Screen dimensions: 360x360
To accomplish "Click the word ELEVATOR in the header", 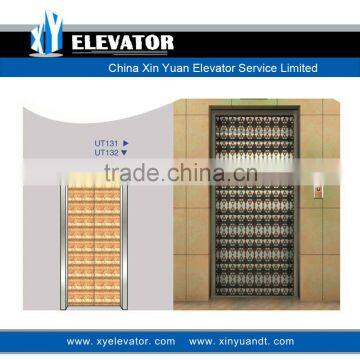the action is tap(123, 42).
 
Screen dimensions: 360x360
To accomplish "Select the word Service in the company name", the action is tap(257, 68).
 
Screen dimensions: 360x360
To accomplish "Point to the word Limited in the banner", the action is tap(299, 68).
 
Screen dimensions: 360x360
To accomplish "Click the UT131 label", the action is tap(106, 144).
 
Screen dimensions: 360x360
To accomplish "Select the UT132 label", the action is tap(106, 152).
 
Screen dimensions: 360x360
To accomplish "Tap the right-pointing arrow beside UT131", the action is tap(125, 144).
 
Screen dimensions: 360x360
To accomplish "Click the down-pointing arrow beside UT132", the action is tap(125, 152).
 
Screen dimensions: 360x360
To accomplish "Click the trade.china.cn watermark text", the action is tap(180, 177).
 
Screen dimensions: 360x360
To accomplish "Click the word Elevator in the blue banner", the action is tap(214, 68).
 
